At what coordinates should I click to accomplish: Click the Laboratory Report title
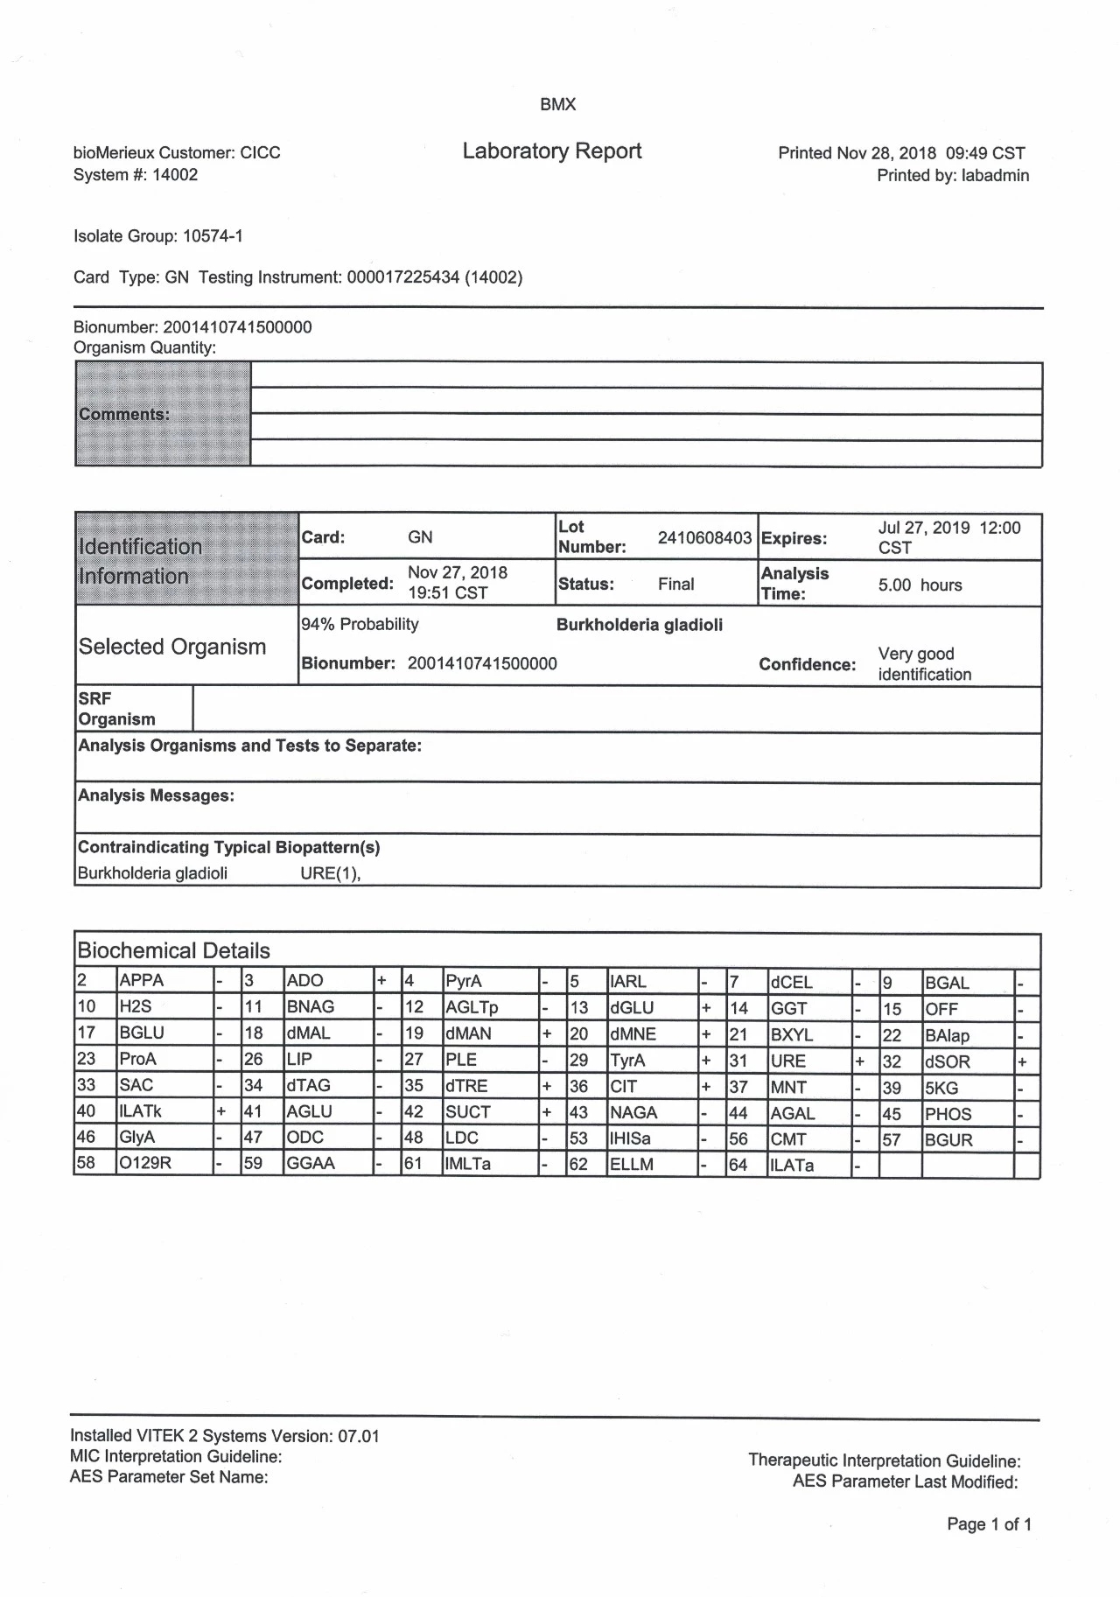[x=551, y=151]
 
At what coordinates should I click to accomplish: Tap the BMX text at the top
[x=557, y=104]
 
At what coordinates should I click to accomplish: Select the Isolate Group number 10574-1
[x=213, y=236]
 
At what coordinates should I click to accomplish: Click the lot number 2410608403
[x=704, y=537]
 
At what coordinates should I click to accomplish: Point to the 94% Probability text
[x=360, y=624]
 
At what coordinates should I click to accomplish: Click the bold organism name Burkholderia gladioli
[x=640, y=625]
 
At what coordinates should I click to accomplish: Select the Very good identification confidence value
[x=924, y=664]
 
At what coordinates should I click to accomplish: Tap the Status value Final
[x=675, y=584]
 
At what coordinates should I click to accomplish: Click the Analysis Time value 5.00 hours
[x=920, y=585]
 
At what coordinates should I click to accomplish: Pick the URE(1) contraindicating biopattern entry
[x=330, y=873]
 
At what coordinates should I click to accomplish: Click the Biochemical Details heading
[x=173, y=950]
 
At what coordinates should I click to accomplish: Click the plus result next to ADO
[x=381, y=981]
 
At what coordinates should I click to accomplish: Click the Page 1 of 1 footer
[x=989, y=1524]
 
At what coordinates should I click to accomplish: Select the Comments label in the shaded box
[x=123, y=414]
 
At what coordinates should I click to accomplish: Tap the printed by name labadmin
[x=995, y=175]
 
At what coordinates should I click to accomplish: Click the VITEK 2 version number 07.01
[x=359, y=1436]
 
